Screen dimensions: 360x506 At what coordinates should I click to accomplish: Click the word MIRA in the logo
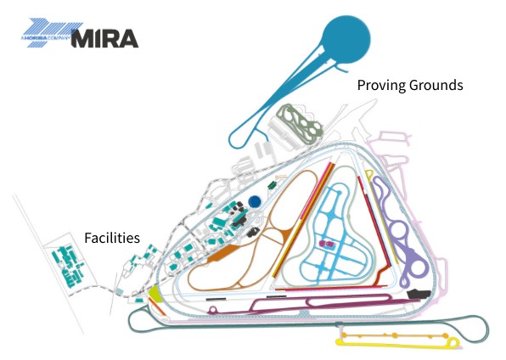pos(105,38)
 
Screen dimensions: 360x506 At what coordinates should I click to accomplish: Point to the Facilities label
pos(110,238)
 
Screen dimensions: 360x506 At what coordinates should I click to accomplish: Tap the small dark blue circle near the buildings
pos(255,202)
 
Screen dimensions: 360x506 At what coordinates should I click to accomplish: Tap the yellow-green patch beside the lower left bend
pos(155,294)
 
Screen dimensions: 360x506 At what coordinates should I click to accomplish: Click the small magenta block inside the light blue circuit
pos(323,244)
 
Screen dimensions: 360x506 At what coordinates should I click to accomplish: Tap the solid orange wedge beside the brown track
pos(222,254)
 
